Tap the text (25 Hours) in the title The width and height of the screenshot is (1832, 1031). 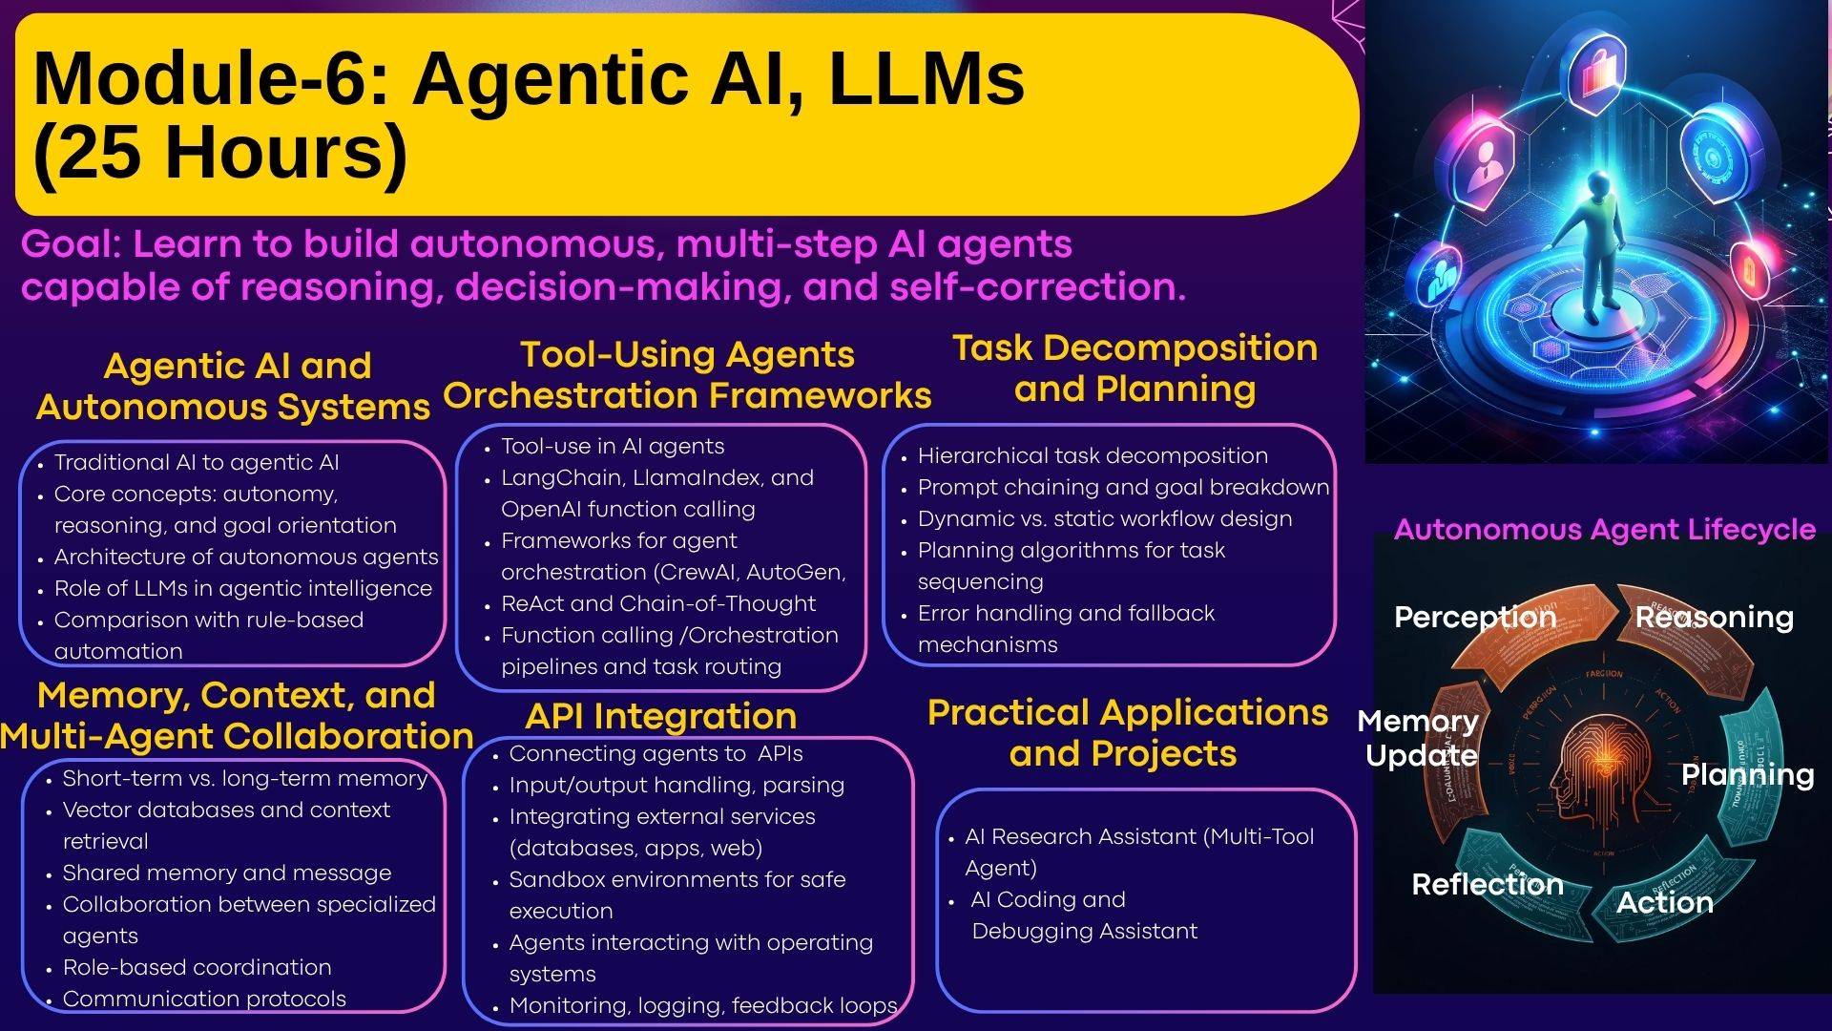coord(219,152)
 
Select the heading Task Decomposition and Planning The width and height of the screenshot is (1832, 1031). coord(1135,368)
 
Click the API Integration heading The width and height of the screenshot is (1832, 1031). coord(660,716)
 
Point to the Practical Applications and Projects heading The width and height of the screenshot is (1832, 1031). coord(1127,733)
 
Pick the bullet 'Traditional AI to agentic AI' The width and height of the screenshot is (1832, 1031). coord(196,463)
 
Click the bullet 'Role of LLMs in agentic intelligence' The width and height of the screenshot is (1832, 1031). coord(242,589)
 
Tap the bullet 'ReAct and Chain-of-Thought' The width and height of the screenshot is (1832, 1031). coord(657,604)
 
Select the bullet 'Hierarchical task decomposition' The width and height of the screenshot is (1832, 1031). coord(1092,456)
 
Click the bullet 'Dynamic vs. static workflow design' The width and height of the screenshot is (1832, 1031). coord(1104,519)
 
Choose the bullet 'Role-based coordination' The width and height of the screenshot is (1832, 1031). coord(197,968)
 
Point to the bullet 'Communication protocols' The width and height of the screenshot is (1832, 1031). coord(203,999)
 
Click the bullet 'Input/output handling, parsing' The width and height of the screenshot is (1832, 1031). coord(676,786)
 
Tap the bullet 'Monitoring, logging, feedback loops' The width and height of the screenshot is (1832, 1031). coord(702,1006)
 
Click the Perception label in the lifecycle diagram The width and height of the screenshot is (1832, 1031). coord(1474,618)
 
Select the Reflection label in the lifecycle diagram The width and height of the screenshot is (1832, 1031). coord(1487,885)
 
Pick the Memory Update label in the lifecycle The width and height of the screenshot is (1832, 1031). coord(1419,738)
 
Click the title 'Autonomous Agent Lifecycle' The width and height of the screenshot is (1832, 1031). coord(1604,530)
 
